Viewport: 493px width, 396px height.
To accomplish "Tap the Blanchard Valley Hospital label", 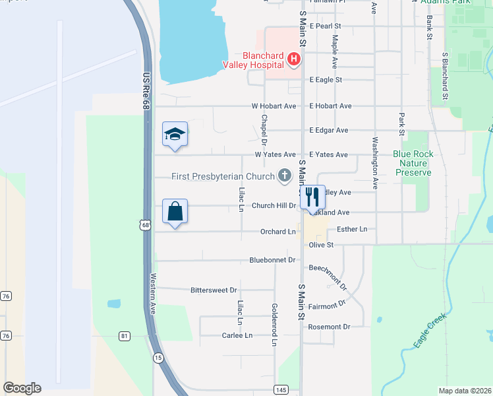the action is [x=262, y=59].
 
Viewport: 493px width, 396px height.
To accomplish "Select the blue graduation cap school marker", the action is [x=175, y=135].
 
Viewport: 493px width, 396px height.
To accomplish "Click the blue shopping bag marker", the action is [x=175, y=212].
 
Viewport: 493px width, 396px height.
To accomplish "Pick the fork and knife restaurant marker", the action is [x=312, y=197].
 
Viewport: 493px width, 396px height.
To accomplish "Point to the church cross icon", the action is [x=285, y=176].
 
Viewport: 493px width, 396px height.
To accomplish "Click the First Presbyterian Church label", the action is [x=223, y=176].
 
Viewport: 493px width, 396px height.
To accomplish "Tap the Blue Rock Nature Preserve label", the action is [x=413, y=163].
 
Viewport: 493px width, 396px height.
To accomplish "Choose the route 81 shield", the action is [x=124, y=337].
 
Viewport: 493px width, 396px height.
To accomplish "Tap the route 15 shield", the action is [x=158, y=357].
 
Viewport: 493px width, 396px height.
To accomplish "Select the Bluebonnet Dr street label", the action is [x=272, y=260].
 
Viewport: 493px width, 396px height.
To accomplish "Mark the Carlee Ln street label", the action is [x=237, y=335].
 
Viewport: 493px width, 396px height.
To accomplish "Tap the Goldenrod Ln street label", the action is [x=274, y=324].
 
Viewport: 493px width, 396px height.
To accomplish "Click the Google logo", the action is [x=22, y=388].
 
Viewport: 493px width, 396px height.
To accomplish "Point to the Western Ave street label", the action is [x=153, y=294].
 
